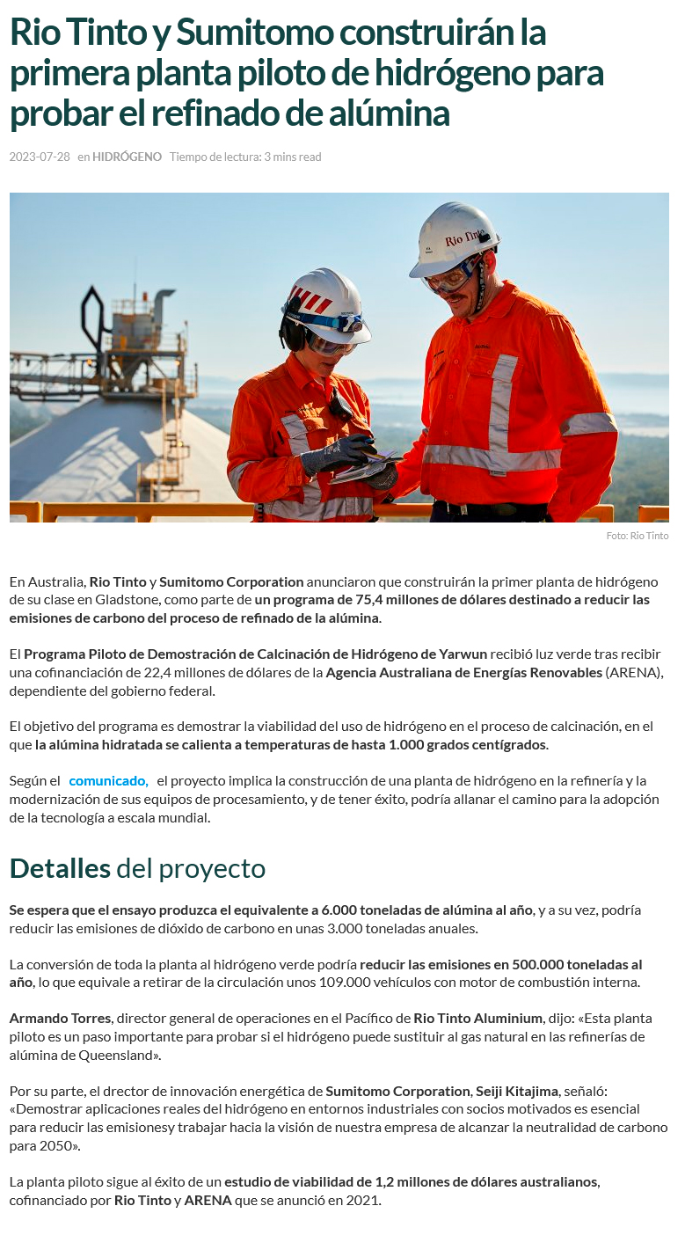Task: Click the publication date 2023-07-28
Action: (x=40, y=157)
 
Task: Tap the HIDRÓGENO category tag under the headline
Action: (x=127, y=157)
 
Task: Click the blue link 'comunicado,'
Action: (x=108, y=780)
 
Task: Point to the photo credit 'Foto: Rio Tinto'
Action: (x=637, y=536)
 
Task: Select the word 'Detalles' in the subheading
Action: (x=60, y=868)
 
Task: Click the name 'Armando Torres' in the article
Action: (x=60, y=1018)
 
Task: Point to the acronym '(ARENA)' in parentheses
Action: (x=634, y=672)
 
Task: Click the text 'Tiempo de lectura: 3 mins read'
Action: (x=245, y=157)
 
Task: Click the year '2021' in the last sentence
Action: (x=363, y=1200)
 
